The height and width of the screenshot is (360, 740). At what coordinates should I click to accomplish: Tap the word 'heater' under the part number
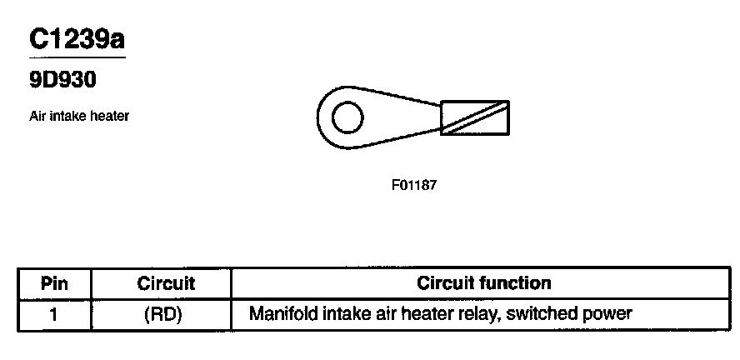coord(111,117)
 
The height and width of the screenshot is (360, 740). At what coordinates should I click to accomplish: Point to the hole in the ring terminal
coord(347,119)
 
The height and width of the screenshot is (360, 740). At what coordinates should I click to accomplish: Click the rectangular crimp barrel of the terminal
coord(474,117)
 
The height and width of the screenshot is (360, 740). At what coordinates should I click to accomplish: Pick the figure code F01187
coord(413,185)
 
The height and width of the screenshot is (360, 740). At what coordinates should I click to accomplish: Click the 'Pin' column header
coord(54,283)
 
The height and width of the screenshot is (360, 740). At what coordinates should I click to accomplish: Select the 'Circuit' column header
coord(166,283)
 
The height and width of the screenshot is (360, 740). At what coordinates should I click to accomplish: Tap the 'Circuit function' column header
coord(484,282)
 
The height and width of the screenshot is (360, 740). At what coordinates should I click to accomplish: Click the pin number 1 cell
coord(54,314)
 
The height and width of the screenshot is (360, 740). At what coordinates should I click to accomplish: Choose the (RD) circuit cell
coord(166,314)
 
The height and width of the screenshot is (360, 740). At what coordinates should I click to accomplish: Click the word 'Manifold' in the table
coord(282,314)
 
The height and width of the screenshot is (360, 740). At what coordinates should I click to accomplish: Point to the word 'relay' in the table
coord(475,314)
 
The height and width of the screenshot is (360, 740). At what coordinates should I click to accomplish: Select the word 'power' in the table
coord(606,316)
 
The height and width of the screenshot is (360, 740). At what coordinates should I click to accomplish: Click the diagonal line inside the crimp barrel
coord(474,117)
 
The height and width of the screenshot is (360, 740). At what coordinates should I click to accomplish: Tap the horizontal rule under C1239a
coord(77,57)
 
